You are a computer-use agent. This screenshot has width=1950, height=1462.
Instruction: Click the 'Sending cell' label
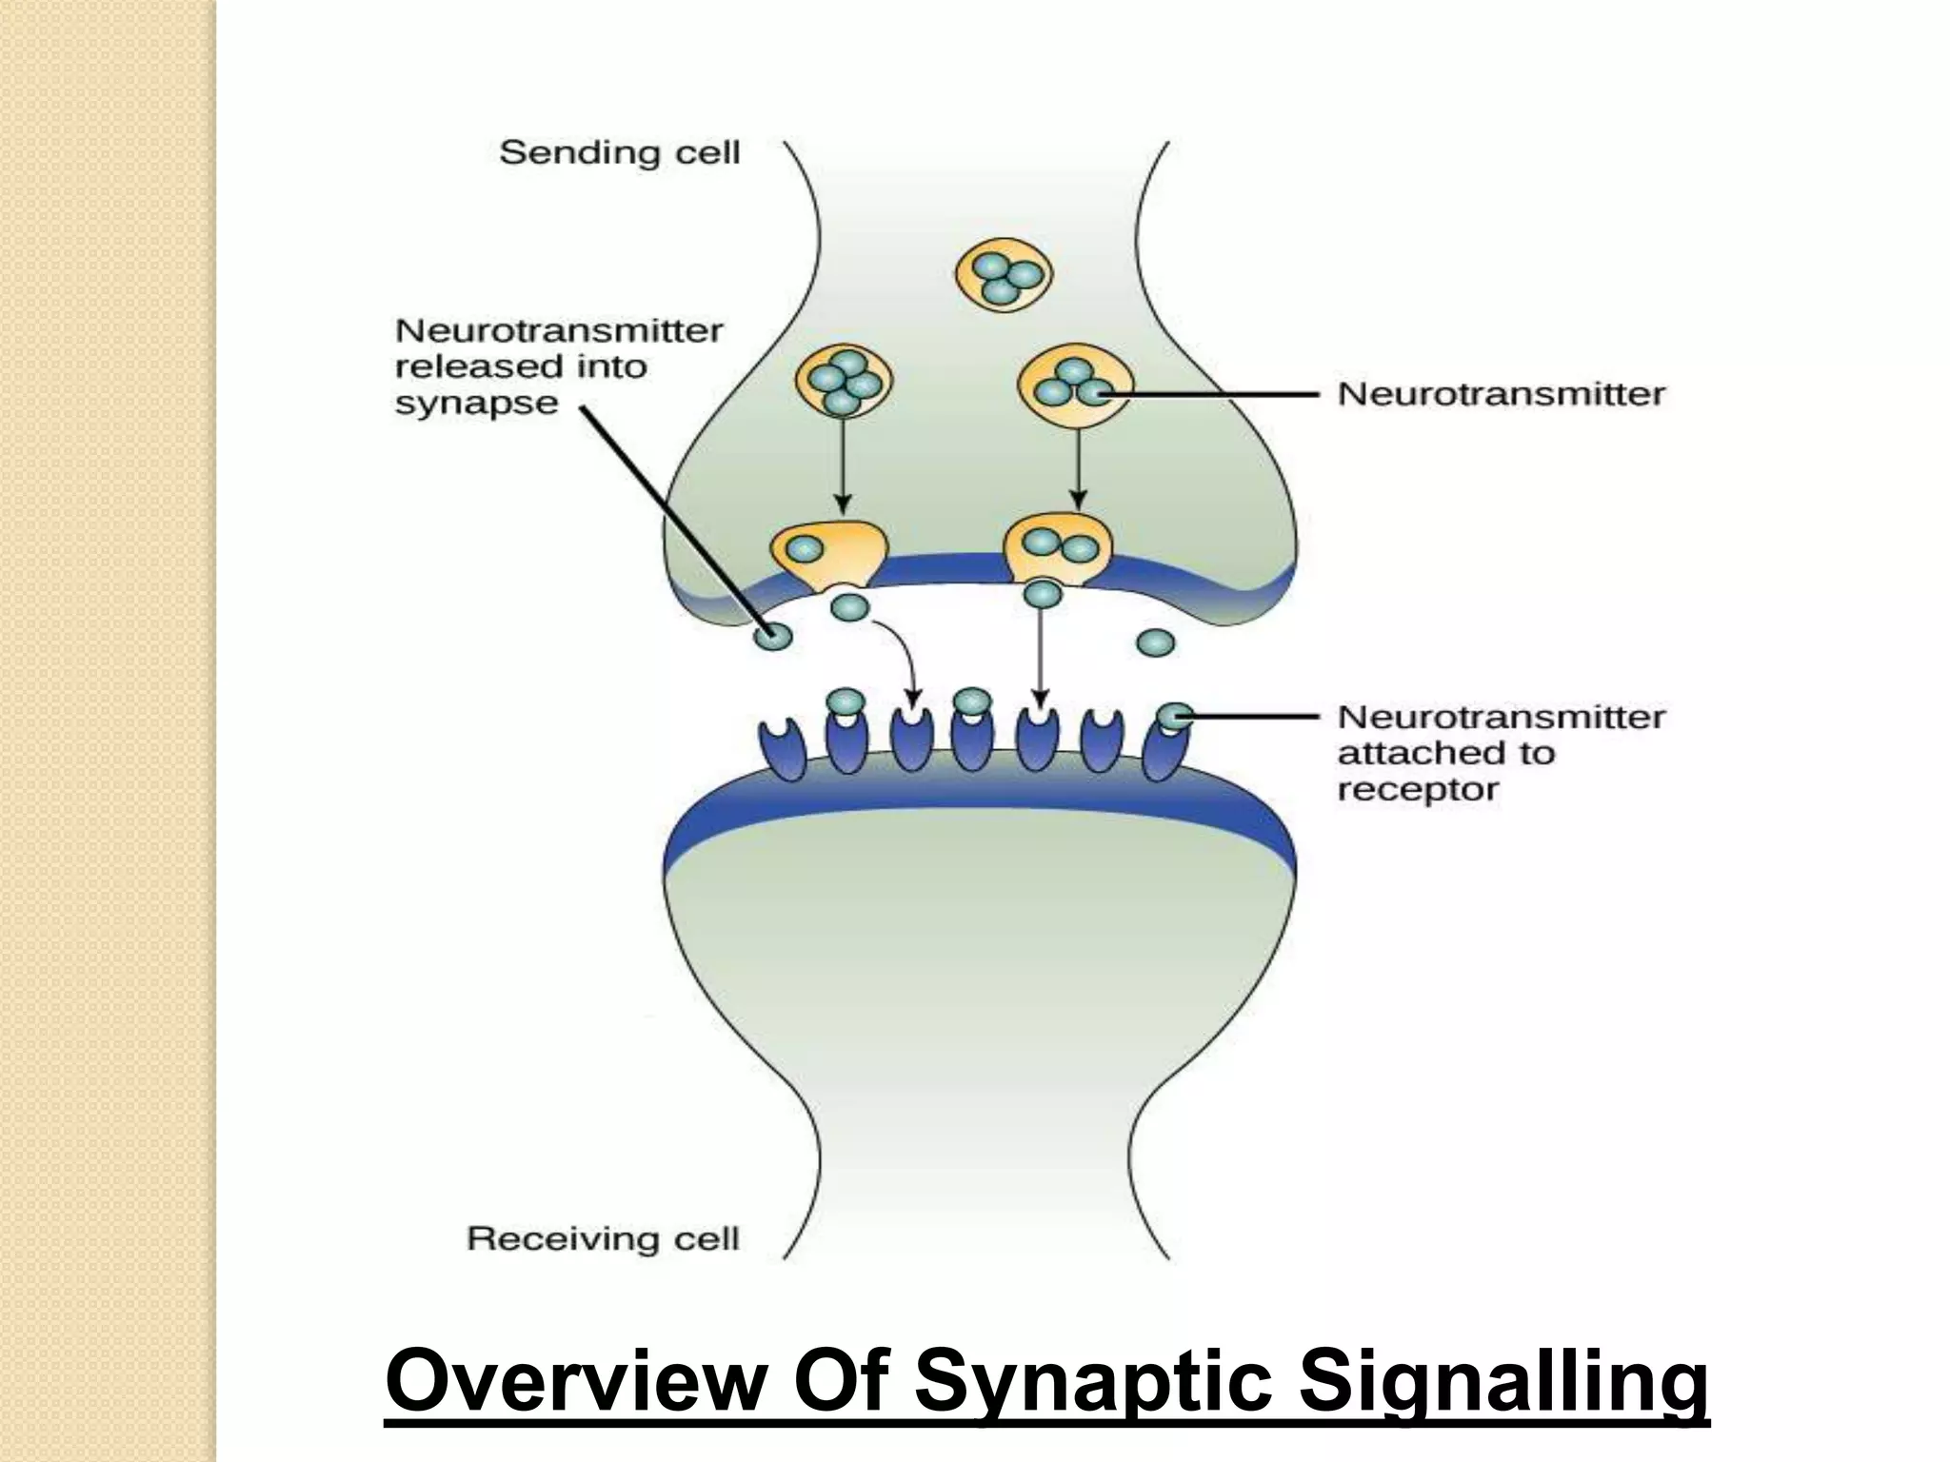tap(619, 153)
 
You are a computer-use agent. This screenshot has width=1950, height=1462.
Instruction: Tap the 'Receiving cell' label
tap(603, 1238)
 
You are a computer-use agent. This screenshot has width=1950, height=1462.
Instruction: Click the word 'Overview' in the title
tap(574, 1381)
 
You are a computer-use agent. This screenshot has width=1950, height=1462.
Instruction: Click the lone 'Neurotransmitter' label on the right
tap(1501, 394)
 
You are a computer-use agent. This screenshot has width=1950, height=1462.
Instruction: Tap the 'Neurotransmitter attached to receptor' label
tap(1501, 753)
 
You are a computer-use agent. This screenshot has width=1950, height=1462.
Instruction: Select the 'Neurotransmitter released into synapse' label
tap(558, 367)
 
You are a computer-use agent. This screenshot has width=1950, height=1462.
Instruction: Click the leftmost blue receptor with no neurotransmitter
tap(782, 750)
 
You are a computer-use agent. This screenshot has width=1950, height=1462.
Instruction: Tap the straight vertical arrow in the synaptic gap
tap(1041, 657)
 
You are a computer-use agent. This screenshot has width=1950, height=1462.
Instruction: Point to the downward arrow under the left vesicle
tap(841, 466)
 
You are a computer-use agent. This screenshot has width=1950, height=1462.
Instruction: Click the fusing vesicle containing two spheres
tap(1058, 549)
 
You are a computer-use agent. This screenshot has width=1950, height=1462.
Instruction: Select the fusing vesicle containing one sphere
tap(826, 552)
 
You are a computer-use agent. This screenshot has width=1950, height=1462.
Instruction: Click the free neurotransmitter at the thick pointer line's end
tap(773, 635)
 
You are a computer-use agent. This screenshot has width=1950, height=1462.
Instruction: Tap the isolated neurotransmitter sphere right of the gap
tap(1155, 643)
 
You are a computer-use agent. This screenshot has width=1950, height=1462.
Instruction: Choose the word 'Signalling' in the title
tap(1503, 1381)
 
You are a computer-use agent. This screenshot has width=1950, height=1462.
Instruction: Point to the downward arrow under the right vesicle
tap(1077, 466)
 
